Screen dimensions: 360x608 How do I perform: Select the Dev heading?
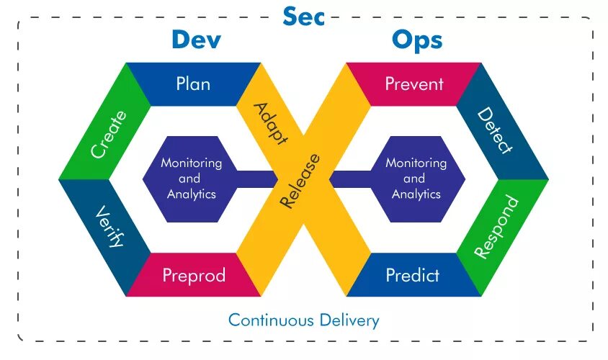tap(196, 40)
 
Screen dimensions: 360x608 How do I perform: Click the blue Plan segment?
tap(193, 84)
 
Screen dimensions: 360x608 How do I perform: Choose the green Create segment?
tap(108, 134)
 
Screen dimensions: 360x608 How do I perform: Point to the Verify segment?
tap(108, 226)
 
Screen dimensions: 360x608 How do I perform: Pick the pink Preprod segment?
tap(193, 275)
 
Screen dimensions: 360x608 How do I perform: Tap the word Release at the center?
tap(300, 181)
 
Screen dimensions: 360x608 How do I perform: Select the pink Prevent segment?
tap(414, 84)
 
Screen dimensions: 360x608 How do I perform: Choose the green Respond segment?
tap(497, 227)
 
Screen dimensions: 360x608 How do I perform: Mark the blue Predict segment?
tap(412, 275)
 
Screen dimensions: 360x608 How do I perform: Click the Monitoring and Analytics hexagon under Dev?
tap(192, 179)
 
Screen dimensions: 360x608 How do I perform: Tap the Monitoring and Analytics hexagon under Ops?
tap(416, 179)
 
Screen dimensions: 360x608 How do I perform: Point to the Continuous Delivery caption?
tap(303, 320)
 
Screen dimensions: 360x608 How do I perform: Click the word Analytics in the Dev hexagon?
tap(192, 194)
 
